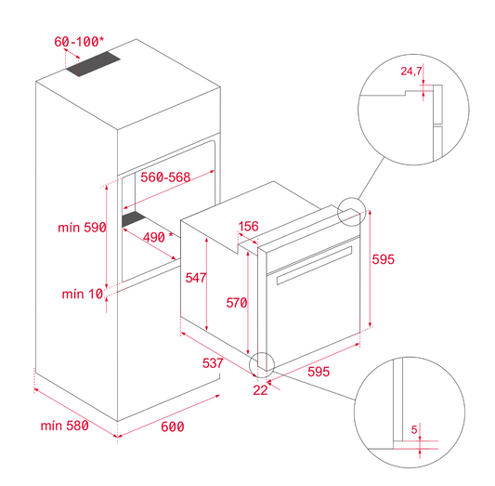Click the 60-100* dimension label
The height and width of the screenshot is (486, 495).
[79, 42]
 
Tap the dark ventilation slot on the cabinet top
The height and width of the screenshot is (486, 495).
[93, 64]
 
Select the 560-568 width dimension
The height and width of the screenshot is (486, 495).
[165, 177]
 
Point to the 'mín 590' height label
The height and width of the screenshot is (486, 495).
[82, 228]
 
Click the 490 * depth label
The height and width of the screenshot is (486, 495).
[158, 237]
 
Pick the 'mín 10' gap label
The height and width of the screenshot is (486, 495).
[83, 294]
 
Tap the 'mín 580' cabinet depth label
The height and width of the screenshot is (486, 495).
[65, 426]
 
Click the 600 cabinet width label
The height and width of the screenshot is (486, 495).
[173, 427]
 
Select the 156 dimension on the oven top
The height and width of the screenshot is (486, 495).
[249, 226]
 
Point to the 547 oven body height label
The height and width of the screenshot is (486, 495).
[196, 278]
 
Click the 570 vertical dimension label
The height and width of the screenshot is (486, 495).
[237, 303]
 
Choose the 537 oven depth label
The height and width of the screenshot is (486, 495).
[213, 363]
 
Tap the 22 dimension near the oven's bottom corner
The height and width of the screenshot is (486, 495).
[260, 390]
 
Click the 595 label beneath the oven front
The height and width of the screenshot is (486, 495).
[319, 372]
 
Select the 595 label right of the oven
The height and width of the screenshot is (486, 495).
[384, 259]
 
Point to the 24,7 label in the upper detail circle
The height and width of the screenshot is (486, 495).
[411, 71]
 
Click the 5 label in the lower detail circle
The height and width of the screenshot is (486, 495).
[414, 429]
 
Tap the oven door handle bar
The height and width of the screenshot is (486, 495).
[315, 265]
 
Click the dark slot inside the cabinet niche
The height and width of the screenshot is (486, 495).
[134, 218]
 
